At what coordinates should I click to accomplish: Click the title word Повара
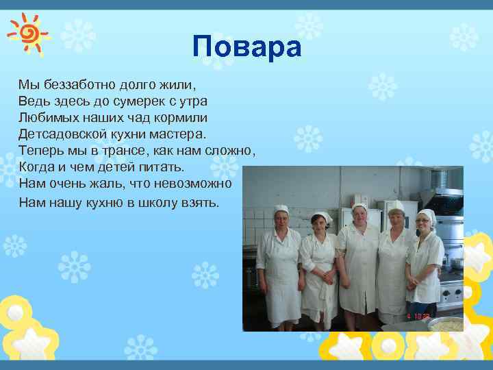(x=246, y=47)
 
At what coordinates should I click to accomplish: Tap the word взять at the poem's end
(x=199, y=203)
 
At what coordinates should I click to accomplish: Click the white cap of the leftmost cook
(x=281, y=208)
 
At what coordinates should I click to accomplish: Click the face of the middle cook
(x=359, y=216)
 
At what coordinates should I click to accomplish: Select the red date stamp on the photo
(x=418, y=317)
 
